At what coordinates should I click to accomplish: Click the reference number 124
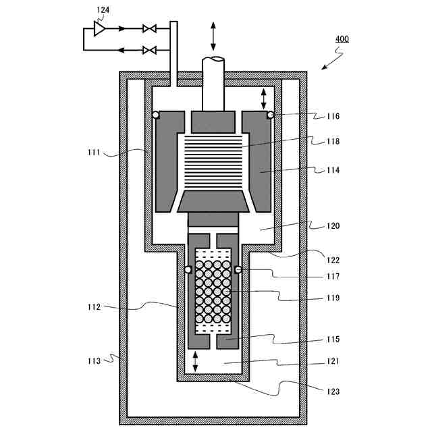(x=103, y=10)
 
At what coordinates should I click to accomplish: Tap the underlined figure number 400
(x=342, y=39)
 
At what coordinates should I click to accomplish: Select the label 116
(x=333, y=116)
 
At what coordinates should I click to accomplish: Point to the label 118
(x=333, y=141)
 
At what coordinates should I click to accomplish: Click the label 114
(x=333, y=170)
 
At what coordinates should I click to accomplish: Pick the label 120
(x=333, y=226)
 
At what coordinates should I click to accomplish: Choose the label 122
(x=333, y=260)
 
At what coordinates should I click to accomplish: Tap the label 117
(x=333, y=276)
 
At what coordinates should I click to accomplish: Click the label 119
(x=333, y=298)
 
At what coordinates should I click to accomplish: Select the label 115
(x=333, y=339)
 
